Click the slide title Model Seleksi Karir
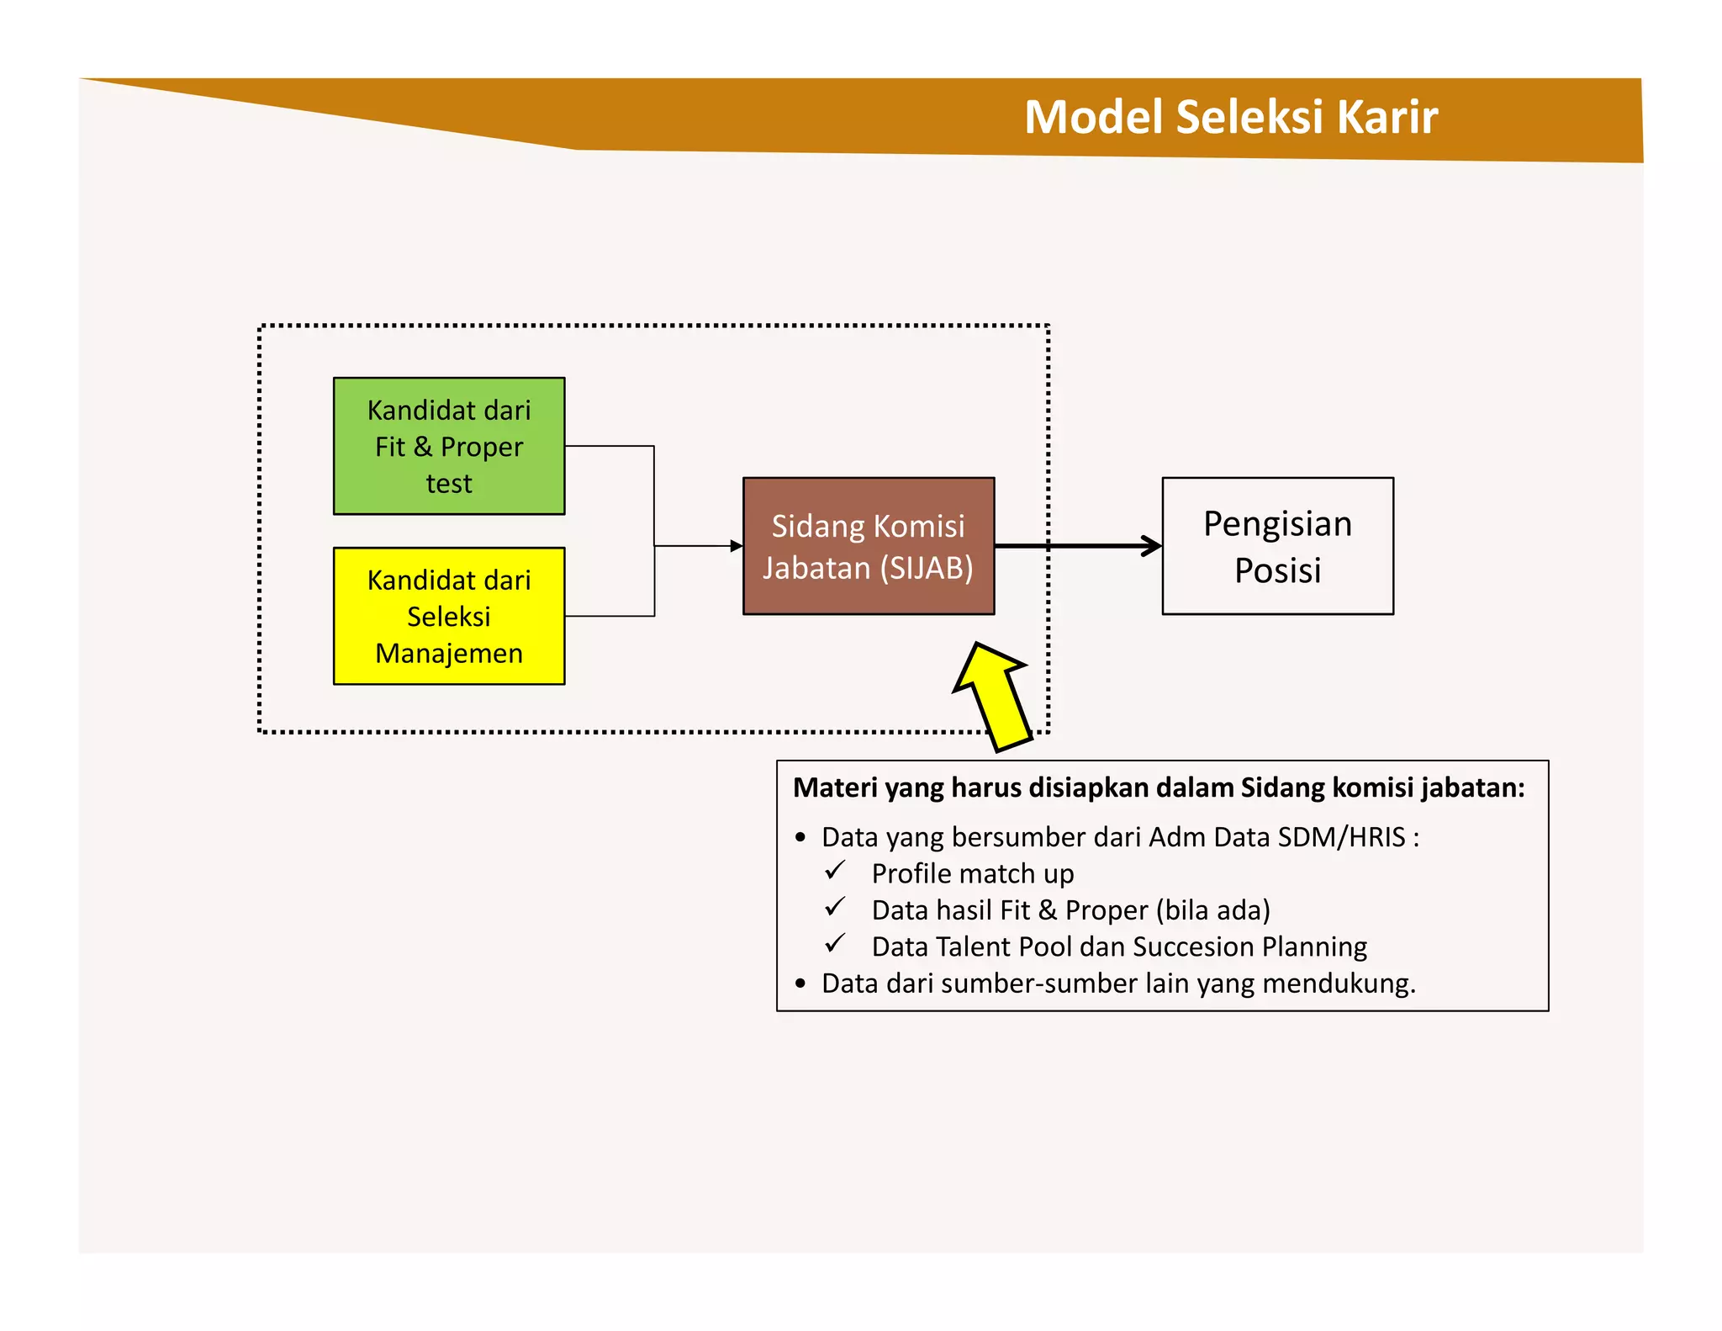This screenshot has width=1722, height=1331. point(1230,117)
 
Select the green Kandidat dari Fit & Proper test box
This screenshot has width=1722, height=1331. point(449,446)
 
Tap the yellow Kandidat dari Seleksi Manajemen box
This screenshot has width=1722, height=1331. point(449,616)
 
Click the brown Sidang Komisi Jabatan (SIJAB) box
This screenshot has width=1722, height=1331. point(869,546)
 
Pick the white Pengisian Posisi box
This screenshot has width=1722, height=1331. point(1277,546)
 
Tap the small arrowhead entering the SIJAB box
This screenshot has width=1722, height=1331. point(737,546)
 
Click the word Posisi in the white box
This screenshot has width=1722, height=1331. point(1277,570)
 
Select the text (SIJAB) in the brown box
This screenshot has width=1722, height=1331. point(927,568)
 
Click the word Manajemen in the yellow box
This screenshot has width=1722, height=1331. point(449,653)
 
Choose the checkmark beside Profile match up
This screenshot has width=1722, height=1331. point(835,871)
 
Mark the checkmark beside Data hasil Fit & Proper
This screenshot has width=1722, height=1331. point(835,907)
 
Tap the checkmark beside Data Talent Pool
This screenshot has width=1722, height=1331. point(835,943)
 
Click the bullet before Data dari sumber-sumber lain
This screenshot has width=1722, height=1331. point(800,983)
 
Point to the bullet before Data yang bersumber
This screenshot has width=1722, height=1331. point(800,837)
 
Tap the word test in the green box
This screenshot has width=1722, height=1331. point(449,484)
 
